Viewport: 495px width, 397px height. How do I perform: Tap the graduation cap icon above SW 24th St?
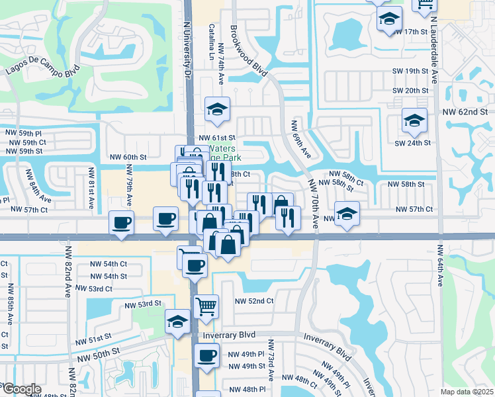pos(414,120)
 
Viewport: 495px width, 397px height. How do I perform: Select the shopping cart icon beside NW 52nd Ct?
pos(206,306)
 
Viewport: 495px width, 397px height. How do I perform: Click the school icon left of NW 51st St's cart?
pos(177,322)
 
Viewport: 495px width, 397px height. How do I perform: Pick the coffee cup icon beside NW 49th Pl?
pos(206,356)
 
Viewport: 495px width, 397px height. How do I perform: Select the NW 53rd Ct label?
pos(93,288)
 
